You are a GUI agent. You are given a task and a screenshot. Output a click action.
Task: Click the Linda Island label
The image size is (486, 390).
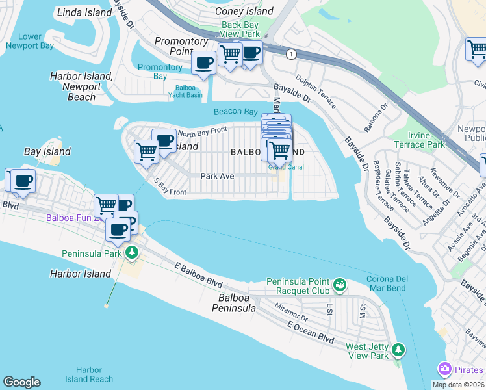tap(84, 12)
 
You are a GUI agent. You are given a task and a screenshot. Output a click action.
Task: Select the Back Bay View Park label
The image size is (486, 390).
tap(240, 30)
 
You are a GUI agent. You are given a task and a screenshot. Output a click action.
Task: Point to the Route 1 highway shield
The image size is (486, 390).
tap(294, 55)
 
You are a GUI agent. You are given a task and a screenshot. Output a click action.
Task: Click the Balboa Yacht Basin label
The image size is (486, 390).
tap(188, 91)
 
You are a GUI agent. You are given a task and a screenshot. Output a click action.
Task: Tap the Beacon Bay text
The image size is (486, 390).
tap(235, 112)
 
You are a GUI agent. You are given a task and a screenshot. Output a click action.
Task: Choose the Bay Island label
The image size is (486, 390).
tap(47, 151)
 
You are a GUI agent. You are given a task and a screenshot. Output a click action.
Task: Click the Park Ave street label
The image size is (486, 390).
tap(217, 176)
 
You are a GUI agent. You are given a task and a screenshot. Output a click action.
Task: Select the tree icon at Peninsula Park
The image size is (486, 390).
tap(132, 252)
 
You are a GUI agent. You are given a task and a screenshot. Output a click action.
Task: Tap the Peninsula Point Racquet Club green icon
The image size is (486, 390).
tap(339, 285)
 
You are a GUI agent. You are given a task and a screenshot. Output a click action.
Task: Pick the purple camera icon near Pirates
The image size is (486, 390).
tap(444, 369)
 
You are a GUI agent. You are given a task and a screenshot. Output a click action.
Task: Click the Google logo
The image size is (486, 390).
tap(21, 382)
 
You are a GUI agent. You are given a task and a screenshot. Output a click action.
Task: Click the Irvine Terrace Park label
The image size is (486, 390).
tap(420, 139)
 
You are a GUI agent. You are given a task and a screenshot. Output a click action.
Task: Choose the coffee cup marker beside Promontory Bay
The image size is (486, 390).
tap(205, 63)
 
